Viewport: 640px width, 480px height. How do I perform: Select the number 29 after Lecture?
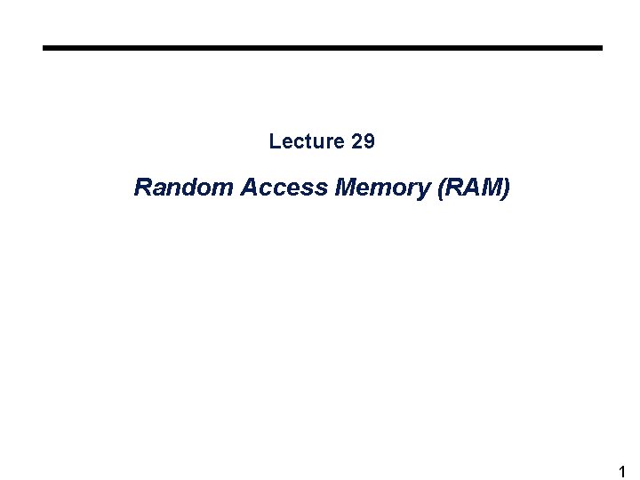(364, 141)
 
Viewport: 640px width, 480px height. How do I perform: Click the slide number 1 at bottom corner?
(622, 471)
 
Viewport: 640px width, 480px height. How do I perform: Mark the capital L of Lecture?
(274, 141)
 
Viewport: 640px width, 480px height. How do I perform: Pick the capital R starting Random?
(142, 188)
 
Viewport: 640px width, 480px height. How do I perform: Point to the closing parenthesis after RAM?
(506, 188)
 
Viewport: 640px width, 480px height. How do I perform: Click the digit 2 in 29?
(357, 141)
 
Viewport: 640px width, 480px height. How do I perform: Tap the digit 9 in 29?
(370, 141)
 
